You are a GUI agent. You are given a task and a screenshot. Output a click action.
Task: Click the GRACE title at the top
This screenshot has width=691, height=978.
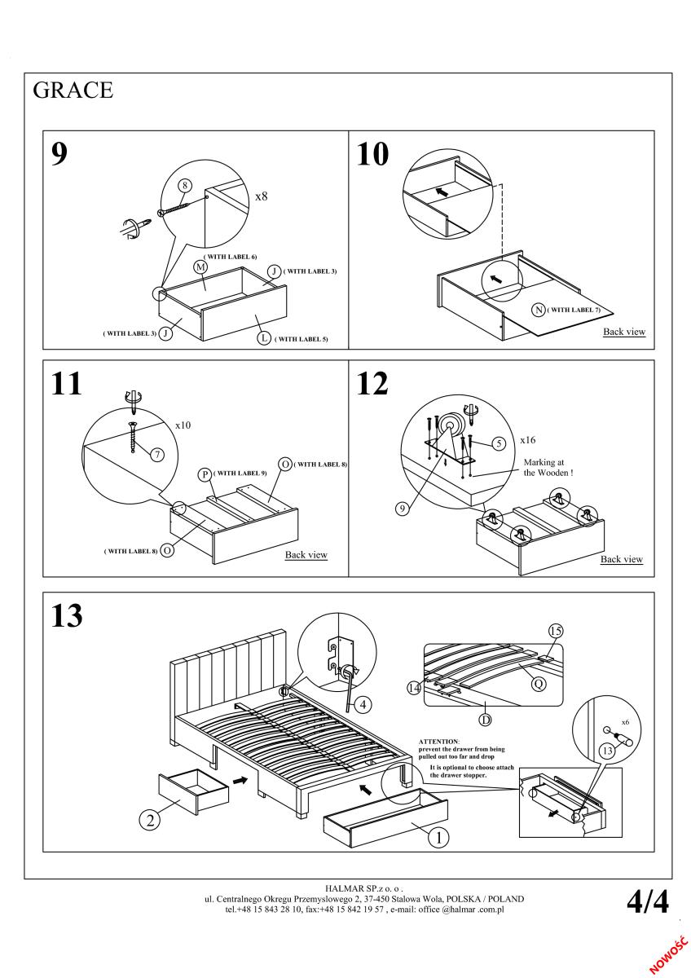click(73, 90)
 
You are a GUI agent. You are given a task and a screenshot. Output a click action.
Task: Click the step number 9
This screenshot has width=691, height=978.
click(59, 154)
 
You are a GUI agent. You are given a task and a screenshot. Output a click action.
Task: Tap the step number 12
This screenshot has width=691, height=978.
click(373, 384)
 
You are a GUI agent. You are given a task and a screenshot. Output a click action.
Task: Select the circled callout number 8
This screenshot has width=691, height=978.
click(185, 186)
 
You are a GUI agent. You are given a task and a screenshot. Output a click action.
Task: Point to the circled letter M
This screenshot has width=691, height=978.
click(200, 267)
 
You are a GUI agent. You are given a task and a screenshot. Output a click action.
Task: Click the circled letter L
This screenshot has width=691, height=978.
click(264, 337)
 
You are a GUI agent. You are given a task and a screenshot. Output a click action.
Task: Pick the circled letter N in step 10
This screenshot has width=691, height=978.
click(538, 309)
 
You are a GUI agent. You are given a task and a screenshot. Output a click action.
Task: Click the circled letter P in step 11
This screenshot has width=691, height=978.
click(205, 474)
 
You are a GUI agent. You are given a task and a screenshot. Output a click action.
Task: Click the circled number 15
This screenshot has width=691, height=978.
click(557, 630)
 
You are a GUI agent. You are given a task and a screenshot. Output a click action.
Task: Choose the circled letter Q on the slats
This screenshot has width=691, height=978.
click(538, 685)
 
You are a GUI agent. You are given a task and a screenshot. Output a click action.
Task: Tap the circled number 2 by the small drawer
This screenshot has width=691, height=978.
click(149, 820)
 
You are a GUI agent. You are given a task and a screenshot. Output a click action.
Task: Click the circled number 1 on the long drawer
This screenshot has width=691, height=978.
click(438, 835)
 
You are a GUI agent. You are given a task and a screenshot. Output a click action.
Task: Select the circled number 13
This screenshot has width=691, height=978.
click(605, 751)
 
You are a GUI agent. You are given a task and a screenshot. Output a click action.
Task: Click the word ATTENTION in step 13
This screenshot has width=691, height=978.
click(438, 741)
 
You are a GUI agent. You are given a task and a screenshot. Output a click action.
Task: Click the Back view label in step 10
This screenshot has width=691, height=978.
click(624, 332)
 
